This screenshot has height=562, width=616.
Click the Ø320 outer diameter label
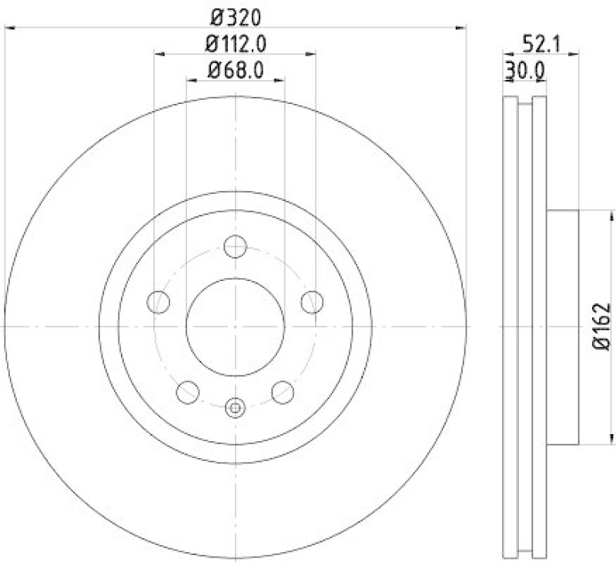pyautogui.click(x=235, y=15)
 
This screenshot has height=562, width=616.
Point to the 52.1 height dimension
pyautogui.click(x=541, y=42)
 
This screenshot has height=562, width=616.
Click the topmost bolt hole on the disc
pyautogui.click(x=235, y=247)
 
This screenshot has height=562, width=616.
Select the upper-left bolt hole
pyautogui.click(x=159, y=302)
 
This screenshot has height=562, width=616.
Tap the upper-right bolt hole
pyautogui.click(x=312, y=302)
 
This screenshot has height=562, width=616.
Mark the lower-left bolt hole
pyautogui.click(x=188, y=392)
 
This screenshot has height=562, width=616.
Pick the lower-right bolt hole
pyautogui.click(x=283, y=392)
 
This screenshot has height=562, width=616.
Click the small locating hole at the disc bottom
pyautogui.click(x=235, y=407)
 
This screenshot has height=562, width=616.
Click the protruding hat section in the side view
pyautogui.click(x=561, y=327)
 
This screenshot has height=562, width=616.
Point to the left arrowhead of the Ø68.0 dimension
pyautogui.click(x=190, y=79)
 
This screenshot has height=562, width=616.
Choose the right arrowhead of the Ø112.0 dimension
pyautogui.click(x=312, y=54)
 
